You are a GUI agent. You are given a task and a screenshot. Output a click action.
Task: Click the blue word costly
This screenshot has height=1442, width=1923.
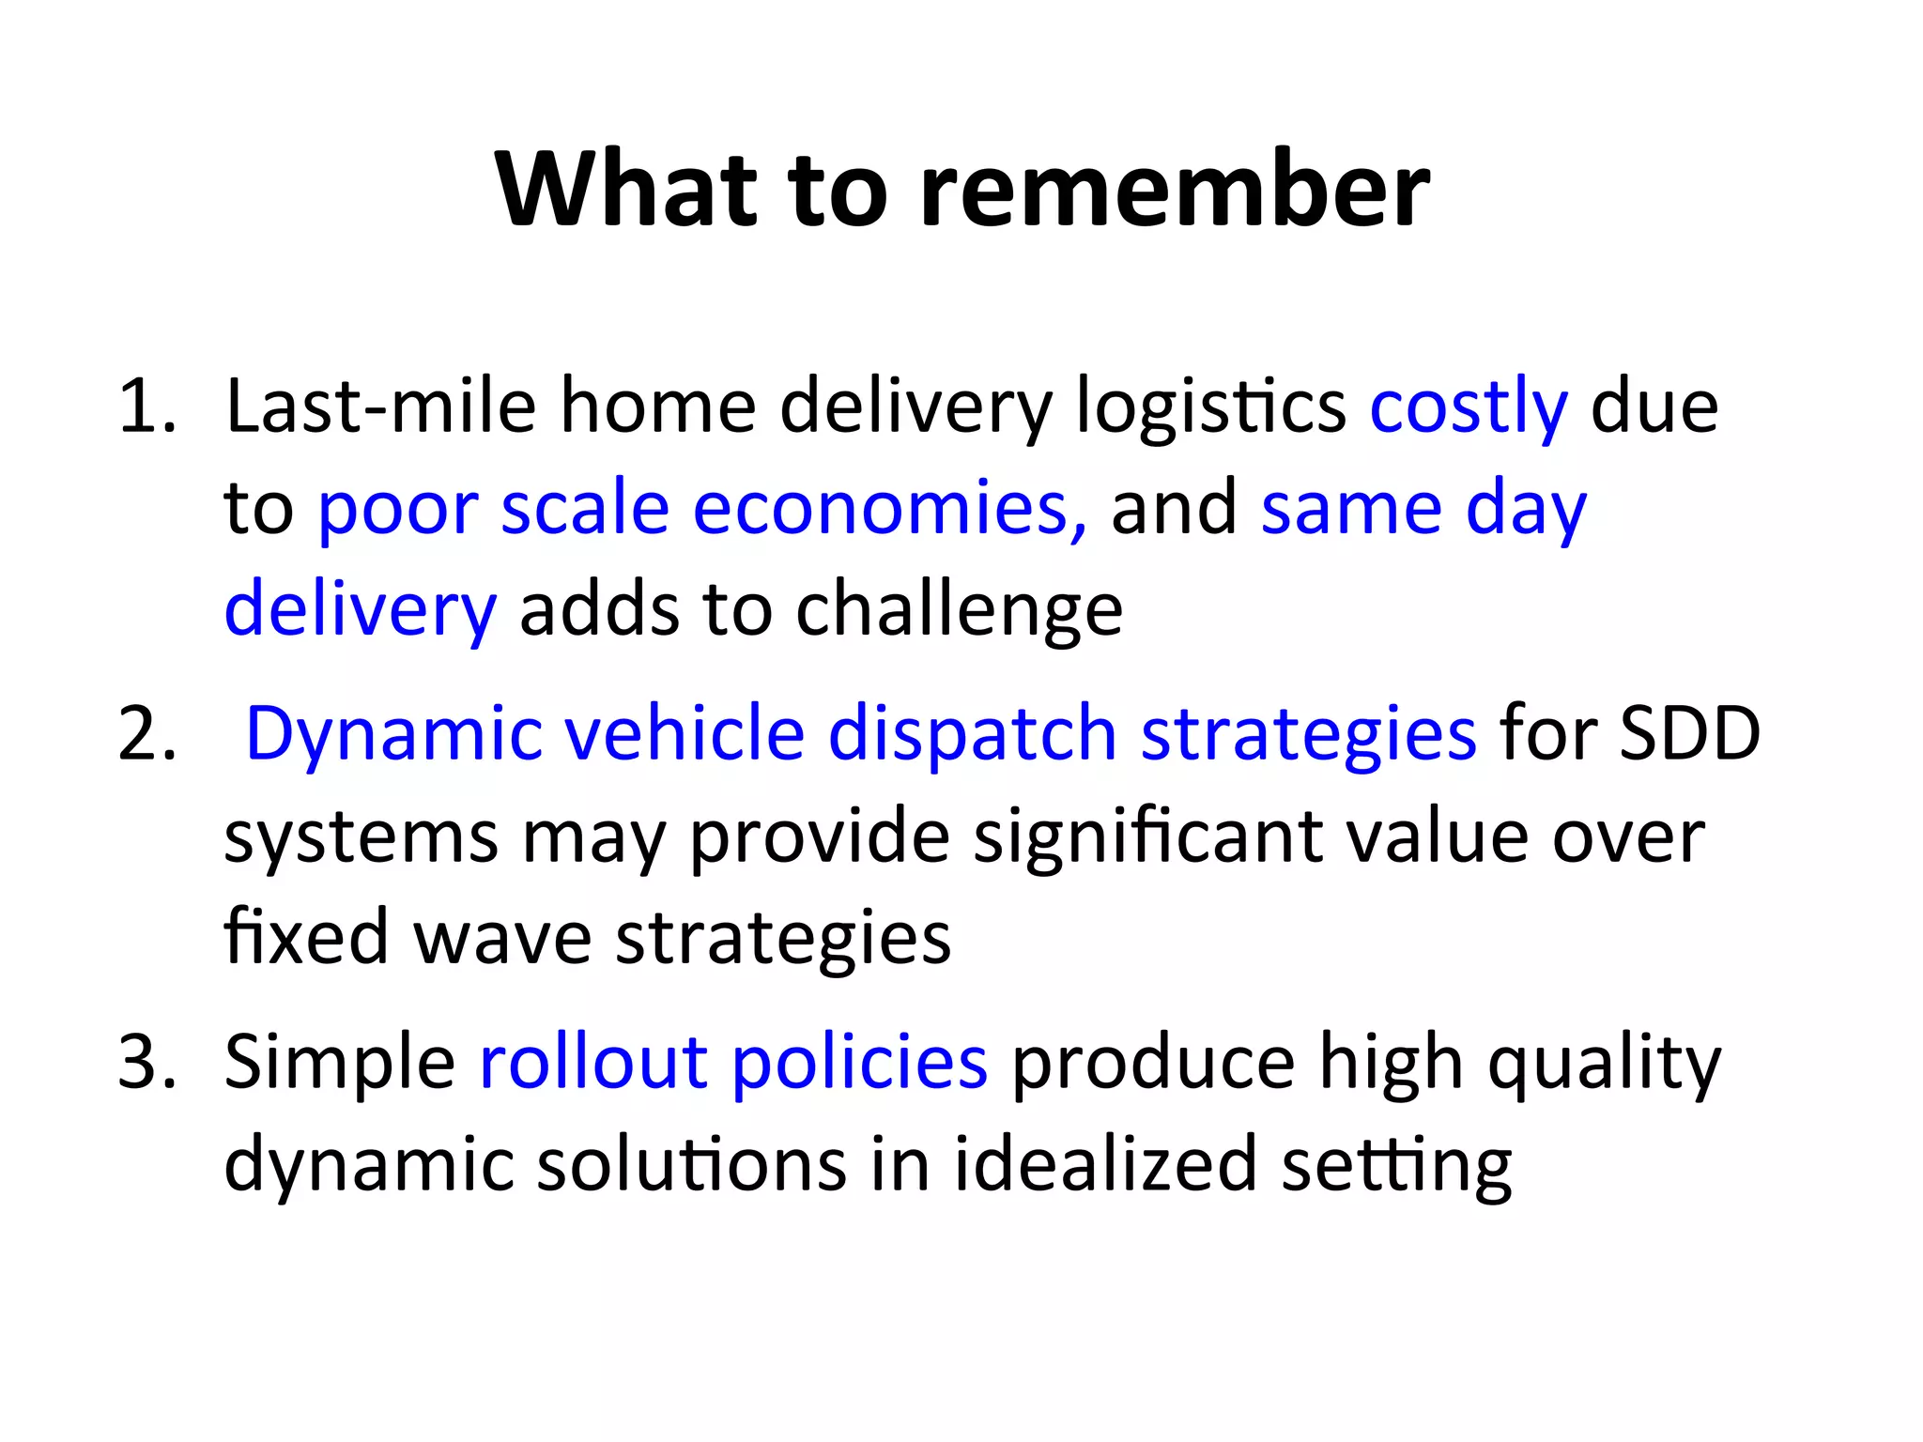[x=1469, y=408]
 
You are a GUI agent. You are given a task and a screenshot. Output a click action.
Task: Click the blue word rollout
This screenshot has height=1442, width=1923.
[x=593, y=1063]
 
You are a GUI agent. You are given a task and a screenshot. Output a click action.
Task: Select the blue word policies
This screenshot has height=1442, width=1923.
[x=859, y=1065]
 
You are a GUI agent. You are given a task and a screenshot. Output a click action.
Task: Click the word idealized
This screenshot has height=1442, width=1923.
[x=1105, y=1164]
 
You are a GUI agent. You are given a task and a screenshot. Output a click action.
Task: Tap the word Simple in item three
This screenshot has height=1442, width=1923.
[x=340, y=1065]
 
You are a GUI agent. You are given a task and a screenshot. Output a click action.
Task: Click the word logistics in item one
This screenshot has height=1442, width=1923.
[x=1210, y=408]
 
